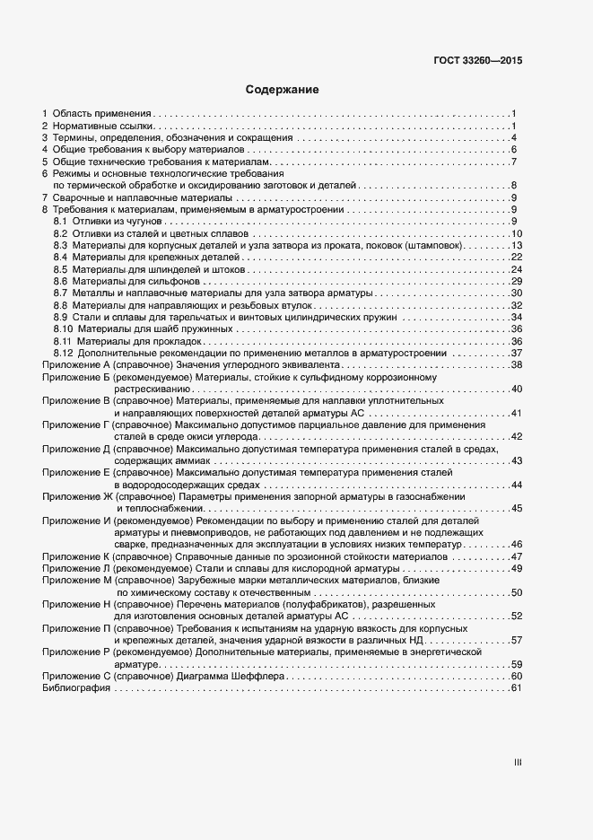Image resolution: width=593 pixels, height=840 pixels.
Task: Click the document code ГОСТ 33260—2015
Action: click(477, 63)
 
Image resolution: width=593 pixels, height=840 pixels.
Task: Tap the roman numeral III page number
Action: click(517, 762)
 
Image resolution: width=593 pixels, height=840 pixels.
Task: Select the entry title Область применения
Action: click(101, 114)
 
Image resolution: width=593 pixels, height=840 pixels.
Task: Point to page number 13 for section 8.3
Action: click(516, 245)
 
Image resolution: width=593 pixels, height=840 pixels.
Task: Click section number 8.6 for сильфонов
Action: click(60, 281)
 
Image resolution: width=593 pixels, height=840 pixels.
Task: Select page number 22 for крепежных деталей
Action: click(516, 258)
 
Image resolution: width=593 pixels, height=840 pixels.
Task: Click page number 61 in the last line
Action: click(516, 687)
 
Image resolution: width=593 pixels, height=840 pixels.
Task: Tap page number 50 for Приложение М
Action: click(516, 592)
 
